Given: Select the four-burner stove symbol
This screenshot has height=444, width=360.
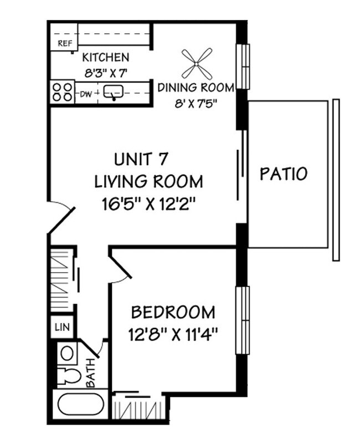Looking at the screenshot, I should point(63,92).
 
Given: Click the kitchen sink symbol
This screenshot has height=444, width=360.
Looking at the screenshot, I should point(115,93).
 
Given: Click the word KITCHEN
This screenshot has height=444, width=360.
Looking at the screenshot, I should point(105,57).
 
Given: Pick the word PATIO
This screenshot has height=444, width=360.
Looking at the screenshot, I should point(284,174).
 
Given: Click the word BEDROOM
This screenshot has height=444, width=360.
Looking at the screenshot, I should point(173,313).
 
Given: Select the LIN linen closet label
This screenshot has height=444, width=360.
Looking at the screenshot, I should point(61,327).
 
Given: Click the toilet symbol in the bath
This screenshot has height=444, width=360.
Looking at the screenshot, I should point(67,375).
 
